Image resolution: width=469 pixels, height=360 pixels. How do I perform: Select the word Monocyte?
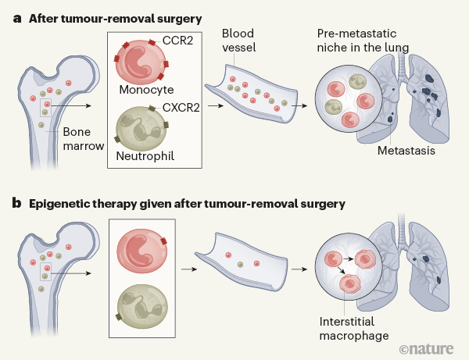(146, 90)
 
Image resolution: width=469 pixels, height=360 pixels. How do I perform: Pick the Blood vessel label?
(239, 41)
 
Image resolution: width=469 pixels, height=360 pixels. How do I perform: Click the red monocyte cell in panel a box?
(142, 59)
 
